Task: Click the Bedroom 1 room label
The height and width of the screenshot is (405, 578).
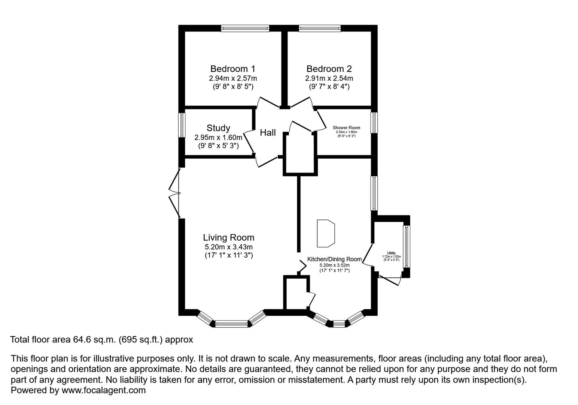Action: [x=232, y=69]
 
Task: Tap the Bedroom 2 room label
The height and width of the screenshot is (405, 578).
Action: [x=329, y=69]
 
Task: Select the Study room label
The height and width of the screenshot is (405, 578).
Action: [x=218, y=128]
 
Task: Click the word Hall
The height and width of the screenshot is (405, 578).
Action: [x=268, y=133]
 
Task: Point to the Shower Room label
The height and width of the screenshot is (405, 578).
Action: [x=346, y=128]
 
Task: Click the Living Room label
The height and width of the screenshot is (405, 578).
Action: [x=228, y=238]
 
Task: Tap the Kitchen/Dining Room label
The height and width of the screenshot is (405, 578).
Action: [x=334, y=259]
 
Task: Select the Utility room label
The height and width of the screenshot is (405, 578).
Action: [x=391, y=253]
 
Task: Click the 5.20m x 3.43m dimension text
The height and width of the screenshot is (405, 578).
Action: [x=228, y=247]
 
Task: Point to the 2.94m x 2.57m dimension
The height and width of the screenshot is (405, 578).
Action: [x=232, y=79]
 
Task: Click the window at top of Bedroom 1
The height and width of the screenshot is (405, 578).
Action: [x=245, y=28]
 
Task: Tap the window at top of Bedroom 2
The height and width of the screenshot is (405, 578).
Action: [x=320, y=28]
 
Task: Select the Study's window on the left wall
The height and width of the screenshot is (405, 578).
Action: [x=182, y=125]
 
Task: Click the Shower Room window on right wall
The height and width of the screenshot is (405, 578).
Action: [x=374, y=123]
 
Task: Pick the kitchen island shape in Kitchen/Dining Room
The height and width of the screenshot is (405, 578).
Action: [x=325, y=234]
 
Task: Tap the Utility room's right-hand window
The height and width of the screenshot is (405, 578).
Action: [x=406, y=246]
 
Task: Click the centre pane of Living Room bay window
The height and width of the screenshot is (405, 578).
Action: [x=231, y=324]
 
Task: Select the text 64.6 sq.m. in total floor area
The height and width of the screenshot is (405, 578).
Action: [x=95, y=340]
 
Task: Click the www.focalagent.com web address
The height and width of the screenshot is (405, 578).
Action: [x=103, y=390]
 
